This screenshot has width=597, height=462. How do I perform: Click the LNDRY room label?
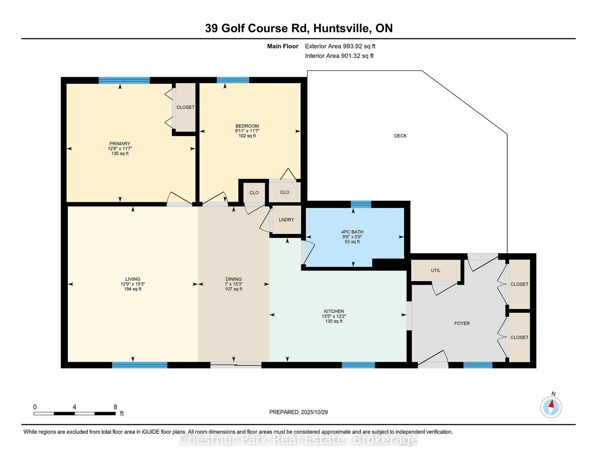[x=286, y=220]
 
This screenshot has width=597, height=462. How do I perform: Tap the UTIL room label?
[x=435, y=270]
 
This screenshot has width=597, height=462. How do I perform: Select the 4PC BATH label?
[x=352, y=232]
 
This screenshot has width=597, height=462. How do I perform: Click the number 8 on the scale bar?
[x=115, y=407]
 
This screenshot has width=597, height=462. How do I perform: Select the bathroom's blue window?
[x=361, y=204]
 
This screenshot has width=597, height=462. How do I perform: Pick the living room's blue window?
[x=139, y=365]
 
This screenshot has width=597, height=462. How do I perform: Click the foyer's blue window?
[x=478, y=365]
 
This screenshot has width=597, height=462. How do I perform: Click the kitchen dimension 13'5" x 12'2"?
[x=334, y=316]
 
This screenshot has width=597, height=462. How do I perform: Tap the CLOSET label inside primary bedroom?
[x=185, y=107]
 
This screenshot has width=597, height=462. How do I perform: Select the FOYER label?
[x=462, y=323]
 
